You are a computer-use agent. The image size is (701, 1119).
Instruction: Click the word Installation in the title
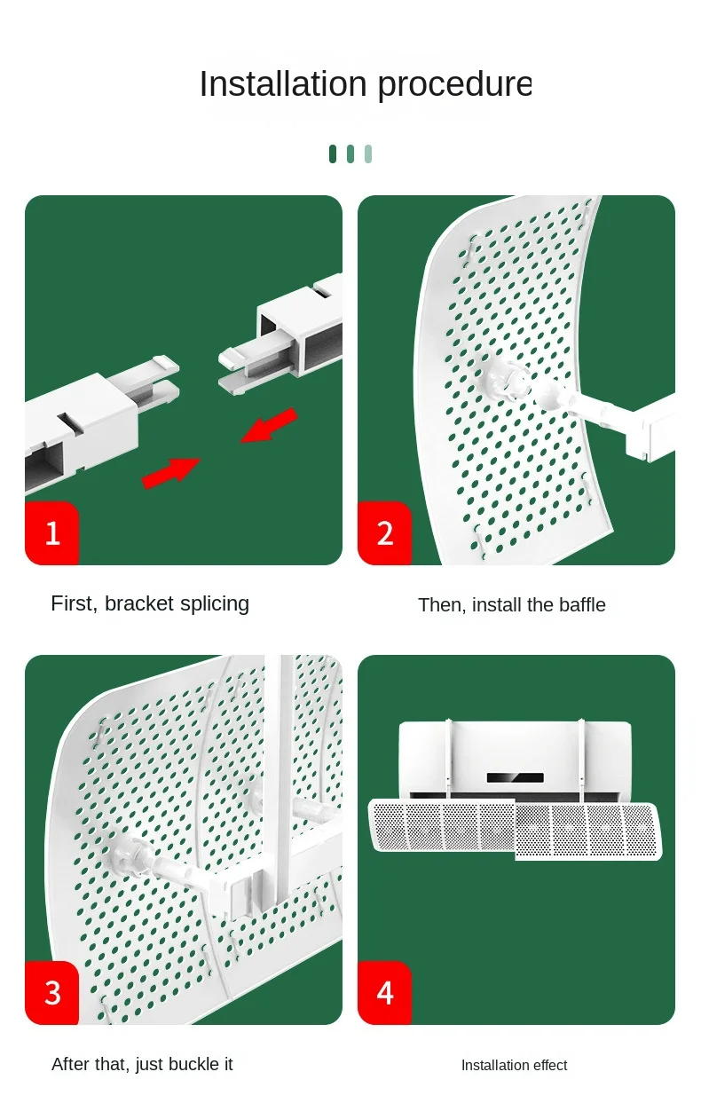[283, 83]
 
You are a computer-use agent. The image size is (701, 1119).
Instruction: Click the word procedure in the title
[454, 85]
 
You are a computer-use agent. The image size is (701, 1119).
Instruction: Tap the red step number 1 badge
[52, 533]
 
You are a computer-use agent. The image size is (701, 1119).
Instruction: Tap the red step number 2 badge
[385, 533]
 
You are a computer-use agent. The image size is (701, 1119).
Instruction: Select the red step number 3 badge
[52, 993]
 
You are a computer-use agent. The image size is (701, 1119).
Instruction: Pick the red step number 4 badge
[385, 993]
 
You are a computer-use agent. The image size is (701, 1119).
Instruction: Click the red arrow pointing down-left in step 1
[269, 426]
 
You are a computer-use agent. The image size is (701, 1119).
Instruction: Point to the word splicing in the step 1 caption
[215, 604]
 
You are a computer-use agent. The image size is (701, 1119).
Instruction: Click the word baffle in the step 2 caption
[582, 605]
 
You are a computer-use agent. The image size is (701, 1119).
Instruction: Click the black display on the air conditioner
[516, 777]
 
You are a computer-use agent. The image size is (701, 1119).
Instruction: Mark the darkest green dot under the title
[333, 154]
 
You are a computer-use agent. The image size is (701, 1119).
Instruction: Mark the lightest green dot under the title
[368, 154]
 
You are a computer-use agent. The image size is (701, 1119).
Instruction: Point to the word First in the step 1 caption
[74, 603]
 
